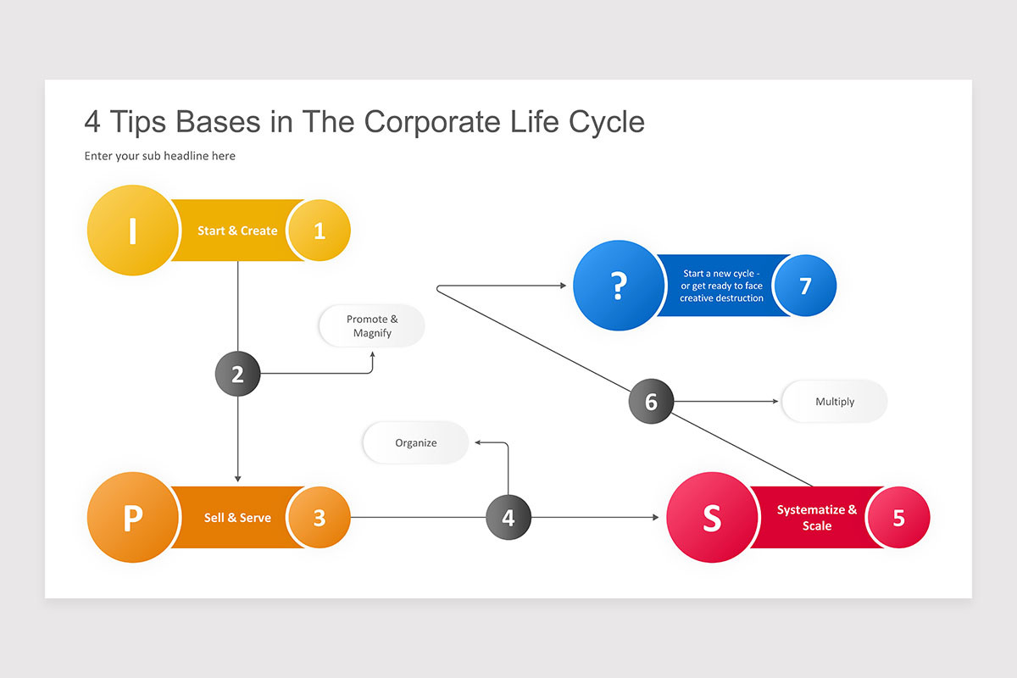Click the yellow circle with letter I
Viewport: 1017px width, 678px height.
pos(133,231)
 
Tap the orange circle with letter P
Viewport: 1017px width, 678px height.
pos(133,517)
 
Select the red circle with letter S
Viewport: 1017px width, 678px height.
pos(712,517)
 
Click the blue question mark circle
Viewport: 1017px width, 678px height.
pos(619,286)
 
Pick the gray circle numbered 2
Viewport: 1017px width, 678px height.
pos(237,374)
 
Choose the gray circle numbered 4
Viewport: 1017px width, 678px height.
pos(508,517)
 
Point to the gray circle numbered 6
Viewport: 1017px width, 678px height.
pos(651,401)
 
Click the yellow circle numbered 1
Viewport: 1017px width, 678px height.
pos(320,231)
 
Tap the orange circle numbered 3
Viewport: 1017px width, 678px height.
pos(320,517)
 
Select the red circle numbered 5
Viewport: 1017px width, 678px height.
pos(898,517)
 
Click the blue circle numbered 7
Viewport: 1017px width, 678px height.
pos(805,286)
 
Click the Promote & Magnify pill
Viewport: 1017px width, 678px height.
pos(372,326)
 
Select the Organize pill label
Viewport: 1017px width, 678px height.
pos(416,442)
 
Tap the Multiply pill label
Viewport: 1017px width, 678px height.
pos(835,401)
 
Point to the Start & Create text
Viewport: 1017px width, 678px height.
pos(237,231)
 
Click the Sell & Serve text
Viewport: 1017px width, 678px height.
pos(237,517)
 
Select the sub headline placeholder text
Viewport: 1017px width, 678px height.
pos(160,156)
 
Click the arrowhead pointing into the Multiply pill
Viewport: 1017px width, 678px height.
pos(775,401)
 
